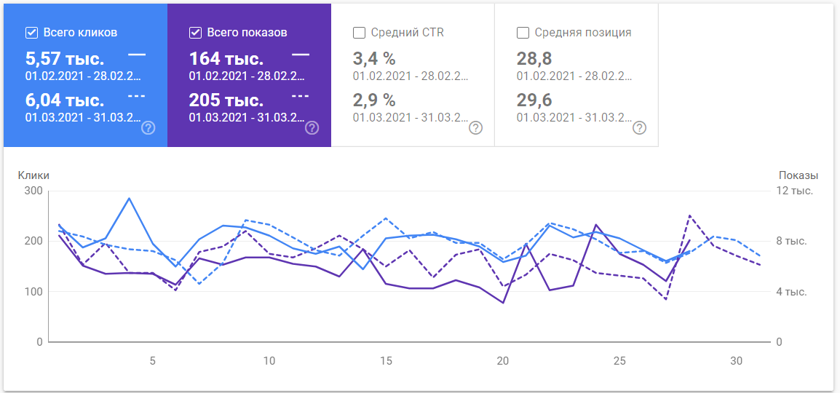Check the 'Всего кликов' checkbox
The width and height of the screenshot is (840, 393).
coord(31,33)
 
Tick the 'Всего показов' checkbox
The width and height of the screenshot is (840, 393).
coord(195,33)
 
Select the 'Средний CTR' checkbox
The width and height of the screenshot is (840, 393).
coord(359,33)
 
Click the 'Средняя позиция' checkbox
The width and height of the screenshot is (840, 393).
coord(523,33)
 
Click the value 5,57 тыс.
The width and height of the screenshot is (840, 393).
coord(65,59)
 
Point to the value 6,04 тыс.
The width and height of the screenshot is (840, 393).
coord(65,100)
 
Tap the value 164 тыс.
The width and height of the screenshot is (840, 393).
coord(226,59)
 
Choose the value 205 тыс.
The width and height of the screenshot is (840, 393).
coord(226,100)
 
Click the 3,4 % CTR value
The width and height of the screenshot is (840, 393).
coord(374,59)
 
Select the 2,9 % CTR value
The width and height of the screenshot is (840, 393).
coord(374,100)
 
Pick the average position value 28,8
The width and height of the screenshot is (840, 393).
coord(531,59)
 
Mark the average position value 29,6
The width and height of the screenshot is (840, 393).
coord(531,100)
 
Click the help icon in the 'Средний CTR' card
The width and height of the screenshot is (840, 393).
coord(475,128)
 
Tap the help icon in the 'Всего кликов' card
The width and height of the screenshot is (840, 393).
coord(148,128)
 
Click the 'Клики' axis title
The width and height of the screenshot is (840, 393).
coord(33,175)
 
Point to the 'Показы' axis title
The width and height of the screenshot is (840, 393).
coord(799,175)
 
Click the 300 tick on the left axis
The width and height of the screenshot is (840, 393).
coord(33,191)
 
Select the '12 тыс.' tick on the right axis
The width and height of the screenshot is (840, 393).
coord(795,191)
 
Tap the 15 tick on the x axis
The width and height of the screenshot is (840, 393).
coord(386,361)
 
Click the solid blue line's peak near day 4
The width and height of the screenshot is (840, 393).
coord(129,198)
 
